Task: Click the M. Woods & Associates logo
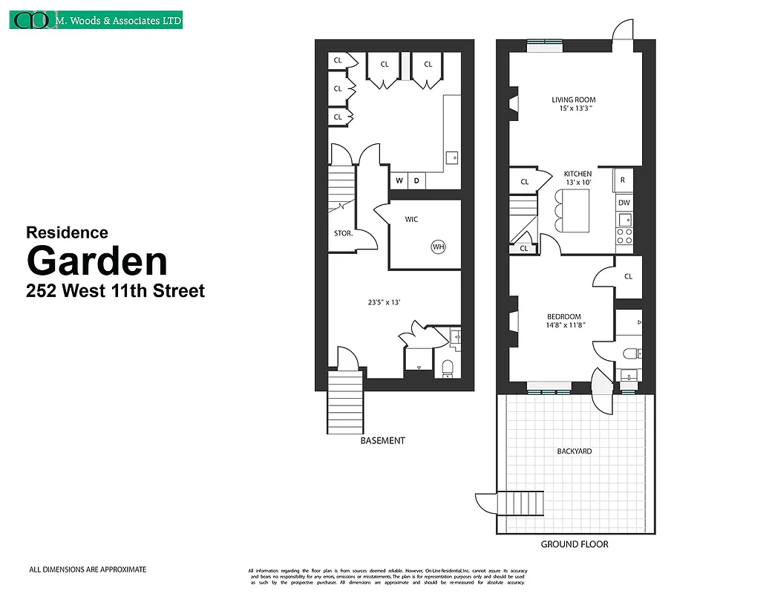click(96, 20)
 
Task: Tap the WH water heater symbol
click(438, 247)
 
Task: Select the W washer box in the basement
click(399, 180)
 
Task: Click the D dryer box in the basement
click(416, 180)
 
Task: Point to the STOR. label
click(342, 233)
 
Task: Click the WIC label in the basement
click(413, 220)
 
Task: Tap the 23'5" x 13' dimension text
click(384, 302)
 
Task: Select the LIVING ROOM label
click(573, 99)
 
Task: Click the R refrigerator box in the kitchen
click(623, 180)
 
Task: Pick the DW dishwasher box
click(624, 202)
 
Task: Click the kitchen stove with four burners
click(624, 236)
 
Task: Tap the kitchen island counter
click(578, 210)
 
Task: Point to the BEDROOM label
click(563, 317)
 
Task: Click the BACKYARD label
click(574, 451)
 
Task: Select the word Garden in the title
click(96, 261)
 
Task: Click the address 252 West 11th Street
click(115, 290)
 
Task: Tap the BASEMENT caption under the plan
click(382, 440)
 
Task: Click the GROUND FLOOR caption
click(574, 544)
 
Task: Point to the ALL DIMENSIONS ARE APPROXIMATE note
click(88, 569)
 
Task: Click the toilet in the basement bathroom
click(448, 368)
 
